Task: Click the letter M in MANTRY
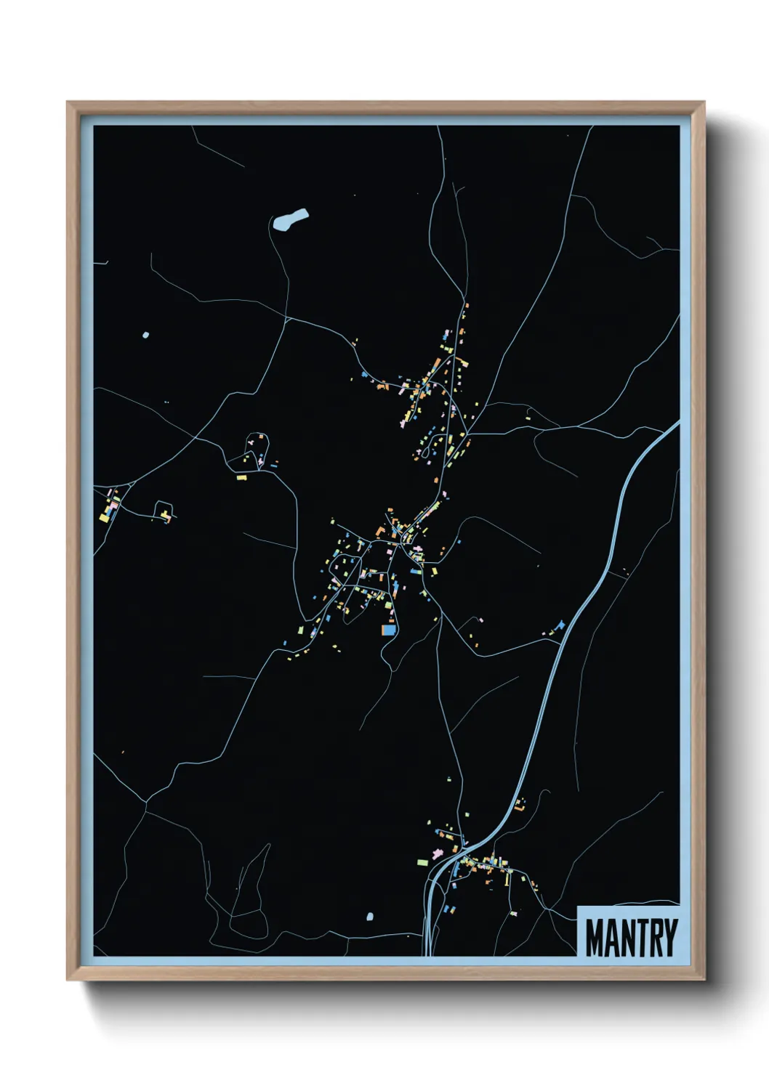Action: point(596,938)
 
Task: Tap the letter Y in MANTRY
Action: point(669,938)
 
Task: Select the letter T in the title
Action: point(637,938)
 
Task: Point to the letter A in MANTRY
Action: point(613,938)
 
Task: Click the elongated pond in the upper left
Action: point(289,219)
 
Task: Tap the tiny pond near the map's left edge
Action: point(146,335)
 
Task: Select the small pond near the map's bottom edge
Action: point(370,917)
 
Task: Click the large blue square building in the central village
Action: point(390,630)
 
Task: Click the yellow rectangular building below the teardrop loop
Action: point(241,477)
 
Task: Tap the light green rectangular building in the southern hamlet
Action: point(422,862)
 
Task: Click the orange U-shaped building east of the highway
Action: point(520,805)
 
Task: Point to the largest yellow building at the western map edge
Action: point(104,518)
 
